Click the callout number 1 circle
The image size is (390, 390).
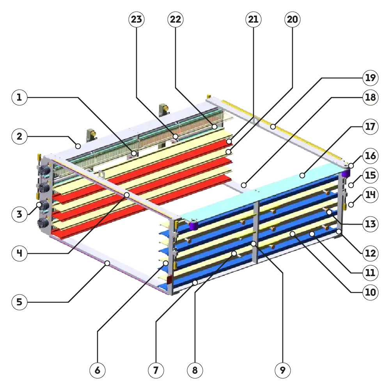[x=19, y=97]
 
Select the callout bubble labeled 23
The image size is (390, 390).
[x=136, y=19]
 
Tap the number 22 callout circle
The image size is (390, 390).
[x=175, y=19]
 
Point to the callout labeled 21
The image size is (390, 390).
[x=253, y=19]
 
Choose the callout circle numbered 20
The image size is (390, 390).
[x=292, y=19]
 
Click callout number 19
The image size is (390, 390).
[x=370, y=78]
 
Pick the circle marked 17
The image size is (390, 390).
[x=370, y=127]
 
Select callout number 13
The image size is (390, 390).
[x=370, y=224]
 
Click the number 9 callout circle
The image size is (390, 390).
[x=283, y=370]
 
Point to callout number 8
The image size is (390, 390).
[x=195, y=370]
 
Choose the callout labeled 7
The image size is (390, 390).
[x=156, y=370]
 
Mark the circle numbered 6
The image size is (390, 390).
[x=97, y=370]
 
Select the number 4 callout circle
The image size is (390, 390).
[x=19, y=253]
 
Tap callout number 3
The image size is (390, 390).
[x=19, y=214]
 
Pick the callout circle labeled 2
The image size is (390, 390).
[x=19, y=136]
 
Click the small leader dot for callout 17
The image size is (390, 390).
[x=302, y=176]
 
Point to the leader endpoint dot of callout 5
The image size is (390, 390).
[x=107, y=264]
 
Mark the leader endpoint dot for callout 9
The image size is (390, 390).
[x=253, y=244]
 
